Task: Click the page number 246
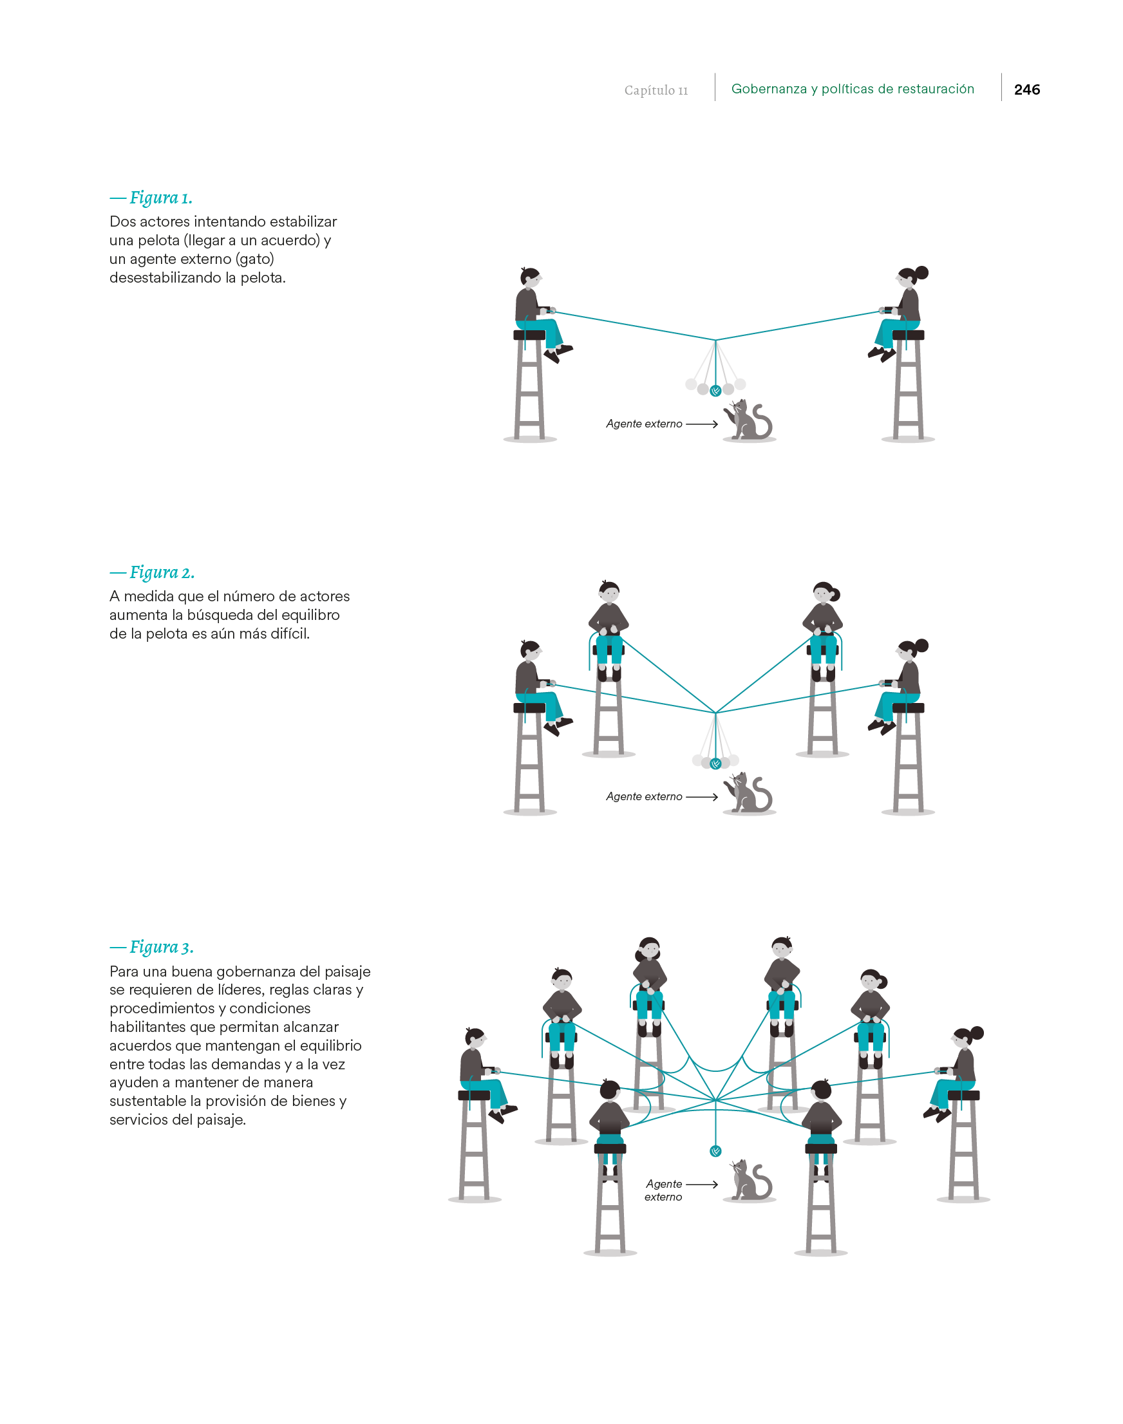pos(1026,89)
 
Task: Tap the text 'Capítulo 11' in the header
pos(656,90)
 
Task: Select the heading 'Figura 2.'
pos(161,572)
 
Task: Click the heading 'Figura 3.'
pos(160,947)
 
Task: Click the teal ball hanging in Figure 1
pos(715,391)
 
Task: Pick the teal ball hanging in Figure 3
pos(715,1150)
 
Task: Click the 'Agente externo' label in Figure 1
pos(644,424)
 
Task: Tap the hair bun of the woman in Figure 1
pos(922,272)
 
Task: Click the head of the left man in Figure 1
pos(530,277)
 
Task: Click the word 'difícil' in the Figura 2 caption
pos(287,633)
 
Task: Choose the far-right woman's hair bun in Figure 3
pos(977,1032)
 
